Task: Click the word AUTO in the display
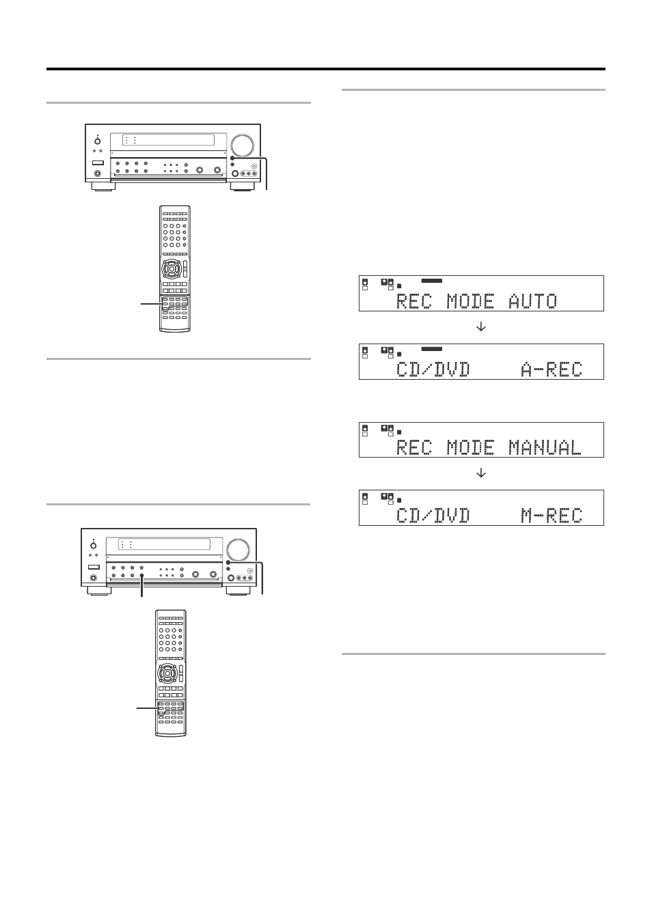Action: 532,301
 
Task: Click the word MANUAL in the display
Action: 545,447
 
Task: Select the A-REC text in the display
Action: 552,369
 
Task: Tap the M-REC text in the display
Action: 552,516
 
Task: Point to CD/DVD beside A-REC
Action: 433,369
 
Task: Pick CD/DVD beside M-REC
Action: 433,516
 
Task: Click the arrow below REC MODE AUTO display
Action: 480,327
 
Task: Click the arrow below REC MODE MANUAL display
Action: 480,473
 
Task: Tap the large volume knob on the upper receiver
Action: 242,145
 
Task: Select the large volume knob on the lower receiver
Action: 238,550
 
